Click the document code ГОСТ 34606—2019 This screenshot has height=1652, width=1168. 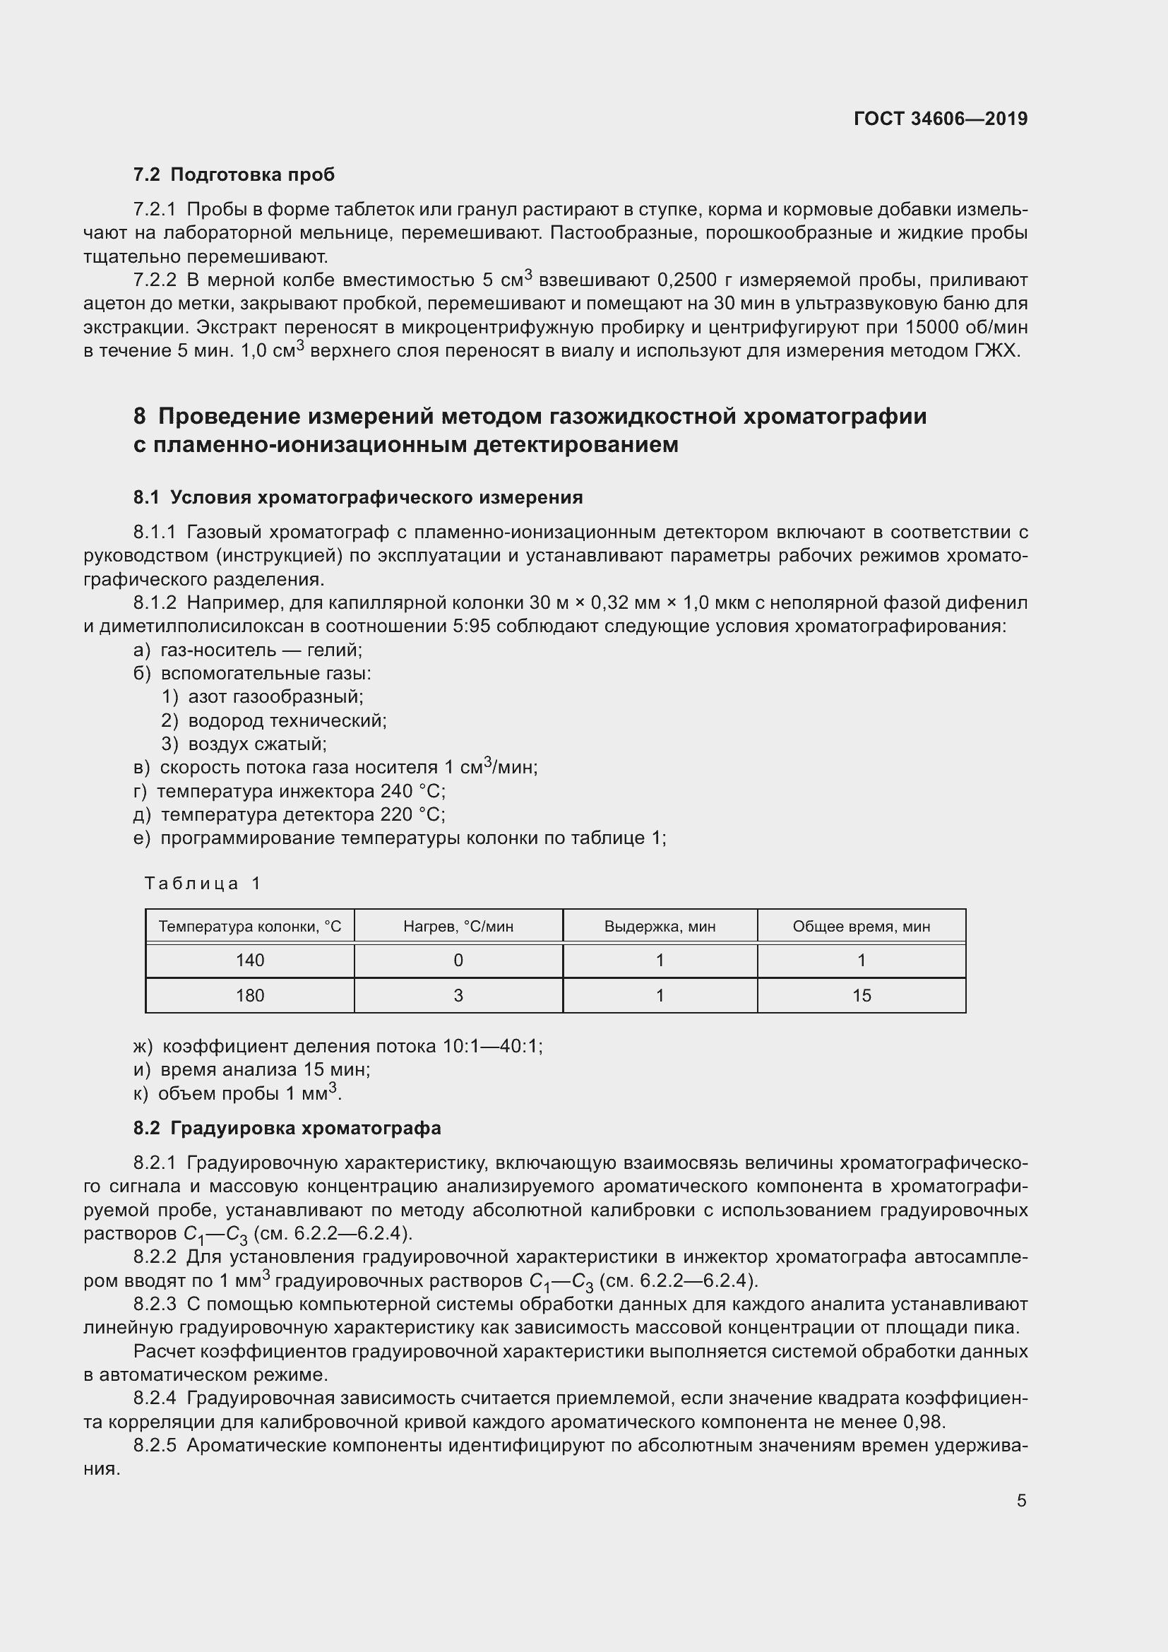tap(940, 119)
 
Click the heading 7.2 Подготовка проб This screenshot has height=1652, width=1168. tap(234, 175)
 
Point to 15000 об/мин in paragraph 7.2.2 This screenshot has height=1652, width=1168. tap(966, 328)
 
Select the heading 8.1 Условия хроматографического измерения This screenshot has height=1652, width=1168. tap(357, 497)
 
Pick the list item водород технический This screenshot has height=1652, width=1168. tap(287, 720)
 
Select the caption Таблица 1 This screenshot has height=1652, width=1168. tap(203, 883)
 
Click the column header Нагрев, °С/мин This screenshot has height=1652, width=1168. tap(458, 926)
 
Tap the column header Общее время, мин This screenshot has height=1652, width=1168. tap(861, 926)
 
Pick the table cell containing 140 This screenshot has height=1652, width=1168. tap(249, 960)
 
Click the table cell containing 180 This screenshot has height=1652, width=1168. tap(249, 995)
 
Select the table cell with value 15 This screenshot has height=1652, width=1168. tap(861, 995)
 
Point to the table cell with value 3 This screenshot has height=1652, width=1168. tap(458, 995)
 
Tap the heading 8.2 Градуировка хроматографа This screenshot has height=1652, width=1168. tap(287, 1127)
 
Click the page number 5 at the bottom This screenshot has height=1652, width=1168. tap(1021, 1501)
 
